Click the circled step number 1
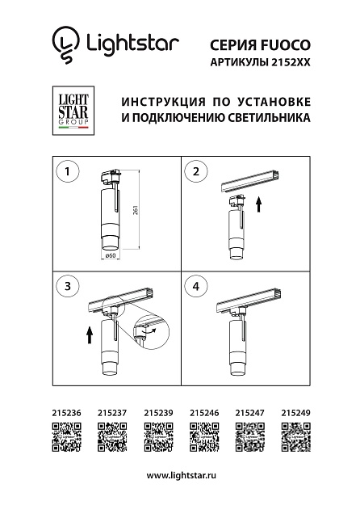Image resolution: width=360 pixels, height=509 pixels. pos(69,171)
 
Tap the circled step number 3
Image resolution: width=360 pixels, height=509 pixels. pos(69,286)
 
